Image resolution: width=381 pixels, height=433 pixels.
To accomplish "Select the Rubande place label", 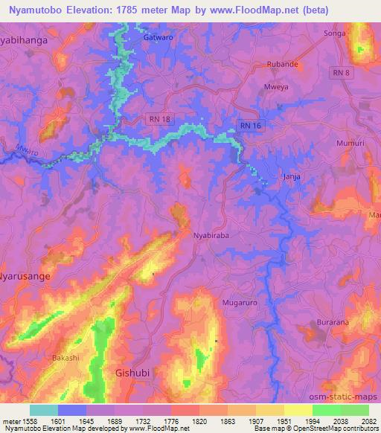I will coord(284,64).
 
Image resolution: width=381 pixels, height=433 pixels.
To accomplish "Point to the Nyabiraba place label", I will coord(211,234).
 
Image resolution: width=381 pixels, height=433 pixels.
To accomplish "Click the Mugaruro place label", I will coord(239,303).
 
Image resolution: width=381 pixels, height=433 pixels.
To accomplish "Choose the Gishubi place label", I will coord(135,371).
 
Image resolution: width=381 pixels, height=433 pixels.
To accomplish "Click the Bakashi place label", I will coord(65,358).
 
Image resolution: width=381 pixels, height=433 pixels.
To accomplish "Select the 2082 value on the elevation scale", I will coord(368,421).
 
